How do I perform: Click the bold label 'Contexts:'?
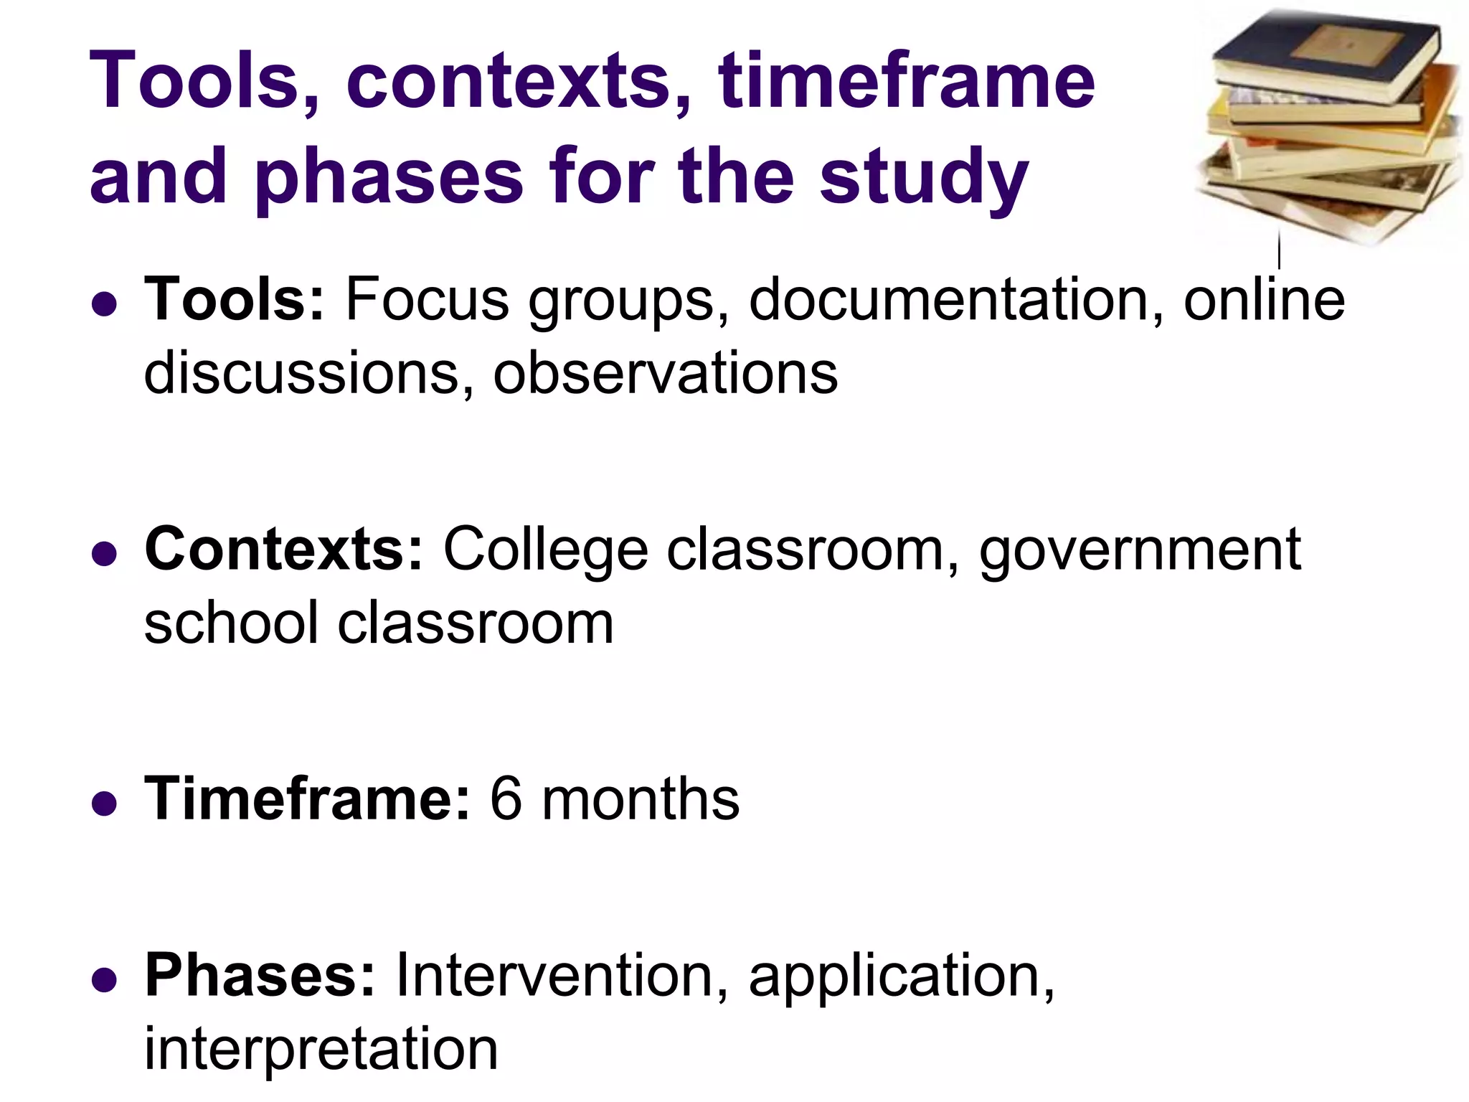[284, 550]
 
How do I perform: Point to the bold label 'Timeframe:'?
[308, 799]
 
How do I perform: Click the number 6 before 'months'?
[506, 799]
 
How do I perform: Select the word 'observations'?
[665, 373]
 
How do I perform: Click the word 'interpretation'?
[321, 1050]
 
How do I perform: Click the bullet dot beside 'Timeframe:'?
[105, 804]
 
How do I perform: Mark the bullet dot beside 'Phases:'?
[105, 981]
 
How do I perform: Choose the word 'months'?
[640, 799]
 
